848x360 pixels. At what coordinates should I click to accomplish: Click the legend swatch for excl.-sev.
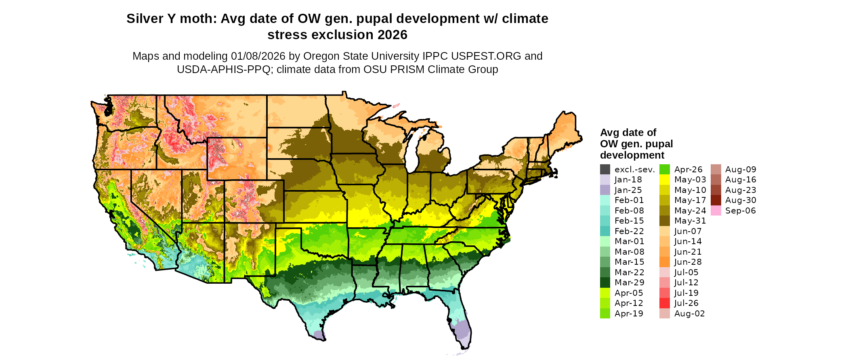[x=605, y=170]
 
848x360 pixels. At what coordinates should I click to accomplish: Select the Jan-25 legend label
[x=628, y=190]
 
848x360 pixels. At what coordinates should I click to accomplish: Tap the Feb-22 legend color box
[x=605, y=231]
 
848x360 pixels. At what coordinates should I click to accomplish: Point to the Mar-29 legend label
[x=629, y=283]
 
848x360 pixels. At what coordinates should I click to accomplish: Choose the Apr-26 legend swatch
[x=665, y=170]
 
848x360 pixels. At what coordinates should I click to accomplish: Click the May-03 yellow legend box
[x=665, y=180]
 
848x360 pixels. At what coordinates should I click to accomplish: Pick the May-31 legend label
[x=690, y=221]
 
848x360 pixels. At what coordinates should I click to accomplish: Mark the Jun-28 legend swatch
[x=665, y=262]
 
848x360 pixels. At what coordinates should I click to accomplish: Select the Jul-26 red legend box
[x=665, y=303]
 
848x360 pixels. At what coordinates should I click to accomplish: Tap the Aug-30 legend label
[x=741, y=200]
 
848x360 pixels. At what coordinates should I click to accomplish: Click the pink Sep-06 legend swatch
[x=716, y=211]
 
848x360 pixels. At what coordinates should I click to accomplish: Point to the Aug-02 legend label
[x=689, y=314]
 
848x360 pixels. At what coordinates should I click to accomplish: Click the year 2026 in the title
[x=393, y=35]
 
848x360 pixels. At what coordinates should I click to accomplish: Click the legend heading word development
[x=632, y=155]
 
